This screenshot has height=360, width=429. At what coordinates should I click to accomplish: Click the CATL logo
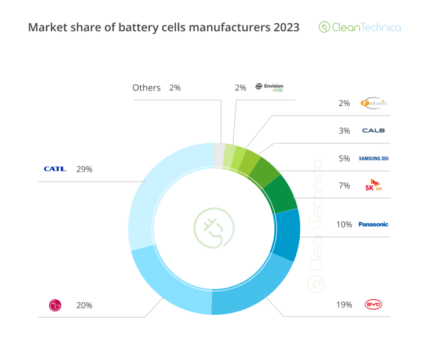click(x=55, y=169)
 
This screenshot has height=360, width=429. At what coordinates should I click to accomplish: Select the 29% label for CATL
click(x=84, y=169)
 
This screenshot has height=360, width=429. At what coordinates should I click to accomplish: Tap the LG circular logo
click(x=55, y=305)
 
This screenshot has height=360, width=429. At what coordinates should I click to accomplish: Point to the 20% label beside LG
click(x=84, y=305)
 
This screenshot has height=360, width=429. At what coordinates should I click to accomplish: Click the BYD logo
click(x=373, y=304)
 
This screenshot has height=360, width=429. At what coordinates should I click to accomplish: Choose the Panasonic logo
click(x=373, y=224)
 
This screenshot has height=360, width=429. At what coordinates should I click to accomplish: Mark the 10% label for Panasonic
click(x=344, y=224)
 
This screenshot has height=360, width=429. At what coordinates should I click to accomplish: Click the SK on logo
click(x=373, y=186)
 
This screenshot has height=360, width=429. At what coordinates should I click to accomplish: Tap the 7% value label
click(x=344, y=186)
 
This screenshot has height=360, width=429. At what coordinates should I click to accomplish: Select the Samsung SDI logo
click(x=373, y=158)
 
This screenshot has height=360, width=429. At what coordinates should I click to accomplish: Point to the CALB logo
click(x=373, y=131)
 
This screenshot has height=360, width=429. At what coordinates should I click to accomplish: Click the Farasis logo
click(x=373, y=103)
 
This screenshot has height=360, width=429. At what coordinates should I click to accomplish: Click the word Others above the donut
click(x=146, y=88)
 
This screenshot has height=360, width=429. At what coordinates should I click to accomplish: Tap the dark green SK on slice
click(x=283, y=194)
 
